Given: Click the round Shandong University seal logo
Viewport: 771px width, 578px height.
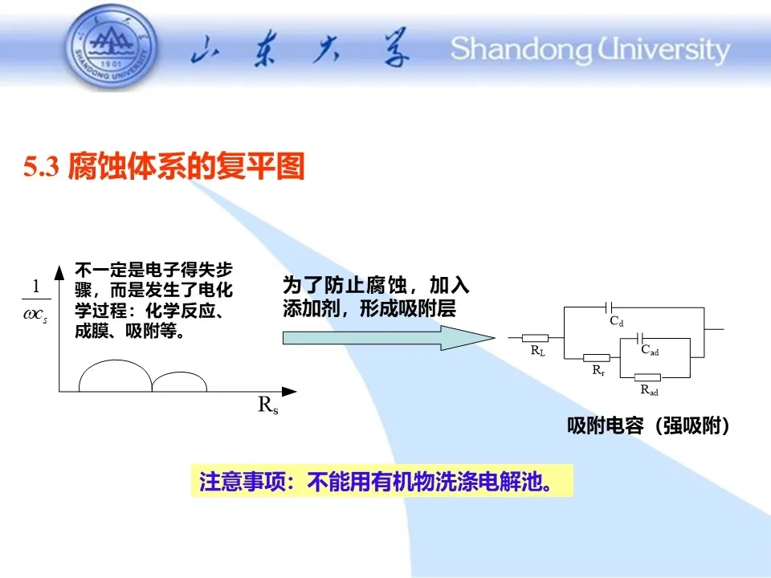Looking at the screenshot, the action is tap(112, 47).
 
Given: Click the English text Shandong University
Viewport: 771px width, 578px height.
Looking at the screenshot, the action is tap(590, 50).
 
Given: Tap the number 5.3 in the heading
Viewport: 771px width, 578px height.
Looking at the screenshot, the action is tap(41, 167).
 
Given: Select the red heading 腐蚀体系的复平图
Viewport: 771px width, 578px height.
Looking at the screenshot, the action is tap(186, 166).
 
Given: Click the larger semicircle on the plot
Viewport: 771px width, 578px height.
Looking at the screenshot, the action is tap(116, 360).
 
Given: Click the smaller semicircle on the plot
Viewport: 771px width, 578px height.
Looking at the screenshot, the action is tap(179, 372).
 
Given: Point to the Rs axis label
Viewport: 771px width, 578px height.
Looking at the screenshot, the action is tap(268, 405).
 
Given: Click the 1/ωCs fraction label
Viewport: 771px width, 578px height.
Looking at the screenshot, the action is tap(36, 299).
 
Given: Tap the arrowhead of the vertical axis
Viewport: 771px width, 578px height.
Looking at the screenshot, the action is tap(59, 272).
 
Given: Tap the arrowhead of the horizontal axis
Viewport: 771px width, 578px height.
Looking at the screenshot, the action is tap(289, 391).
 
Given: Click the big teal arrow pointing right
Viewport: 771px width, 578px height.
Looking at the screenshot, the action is tap(389, 338).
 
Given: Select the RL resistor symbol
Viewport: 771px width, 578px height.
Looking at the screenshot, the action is tap(535, 338).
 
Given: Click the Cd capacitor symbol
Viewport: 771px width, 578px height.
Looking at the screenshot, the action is tap(608, 307).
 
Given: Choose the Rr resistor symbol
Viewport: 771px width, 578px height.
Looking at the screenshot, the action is tap(597, 358).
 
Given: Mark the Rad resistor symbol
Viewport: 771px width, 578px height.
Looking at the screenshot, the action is tap(647, 377).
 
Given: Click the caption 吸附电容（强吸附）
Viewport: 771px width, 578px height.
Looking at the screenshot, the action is tap(648, 425).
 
